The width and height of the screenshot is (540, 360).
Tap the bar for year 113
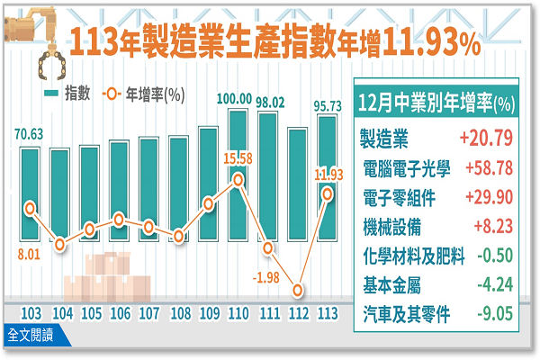pos(328,211)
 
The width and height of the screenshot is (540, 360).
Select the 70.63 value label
pos(30,137)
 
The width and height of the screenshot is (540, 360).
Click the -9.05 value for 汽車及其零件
pos(493,315)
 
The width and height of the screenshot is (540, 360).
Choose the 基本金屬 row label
pos(390,285)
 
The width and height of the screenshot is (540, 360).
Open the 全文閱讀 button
pos(30,336)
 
